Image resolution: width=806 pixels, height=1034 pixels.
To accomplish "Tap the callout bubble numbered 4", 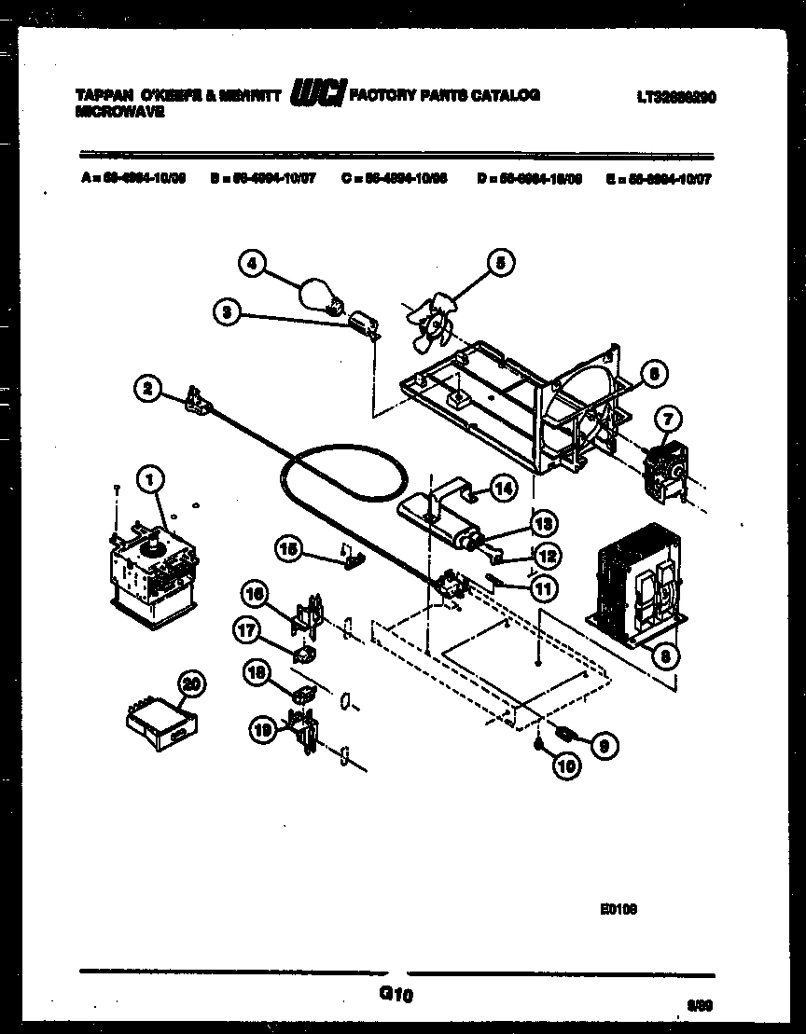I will pyautogui.click(x=250, y=264).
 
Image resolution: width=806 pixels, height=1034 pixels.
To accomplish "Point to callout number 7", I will pyautogui.click(x=671, y=418).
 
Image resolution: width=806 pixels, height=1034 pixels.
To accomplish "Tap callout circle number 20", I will pyautogui.click(x=191, y=683).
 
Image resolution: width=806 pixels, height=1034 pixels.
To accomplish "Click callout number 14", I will pyautogui.click(x=503, y=487).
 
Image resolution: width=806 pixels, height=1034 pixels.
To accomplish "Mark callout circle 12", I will pyautogui.click(x=547, y=556).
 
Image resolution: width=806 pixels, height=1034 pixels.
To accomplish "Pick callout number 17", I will pyautogui.click(x=247, y=631).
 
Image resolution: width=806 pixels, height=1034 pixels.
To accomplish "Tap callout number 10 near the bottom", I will pyautogui.click(x=566, y=766).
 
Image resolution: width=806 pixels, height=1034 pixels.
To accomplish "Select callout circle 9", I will pyautogui.click(x=604, y=744).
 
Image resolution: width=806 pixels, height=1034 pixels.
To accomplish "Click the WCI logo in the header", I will pyautogui.click(x=318, y=94).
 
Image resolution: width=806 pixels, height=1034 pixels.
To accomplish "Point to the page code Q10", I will pyautogui.click(x=396, y=995).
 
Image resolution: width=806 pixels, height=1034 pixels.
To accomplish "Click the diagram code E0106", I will pyautogui.click(x=618, y=904).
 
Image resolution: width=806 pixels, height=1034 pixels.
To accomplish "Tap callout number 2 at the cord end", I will pyautogui.click(x=146, y=389).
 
